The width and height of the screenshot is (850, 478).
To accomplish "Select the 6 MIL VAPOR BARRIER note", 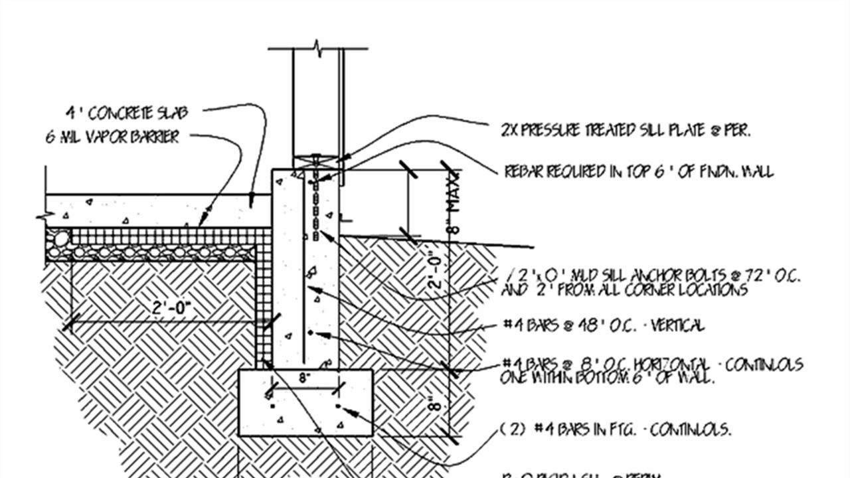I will click(112, 137).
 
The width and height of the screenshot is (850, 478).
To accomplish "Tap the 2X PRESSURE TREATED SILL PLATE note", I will click(626, 131).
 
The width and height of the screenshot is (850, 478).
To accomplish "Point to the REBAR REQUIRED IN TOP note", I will click(639, 171).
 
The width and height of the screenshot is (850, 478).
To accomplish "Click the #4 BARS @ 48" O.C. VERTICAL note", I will click(603, 325).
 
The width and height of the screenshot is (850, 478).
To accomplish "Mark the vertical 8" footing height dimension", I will click(433, 404).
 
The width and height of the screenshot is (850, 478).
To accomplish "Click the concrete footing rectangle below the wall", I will click(305, 418).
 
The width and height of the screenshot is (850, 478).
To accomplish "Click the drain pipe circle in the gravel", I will click(60, 238).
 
